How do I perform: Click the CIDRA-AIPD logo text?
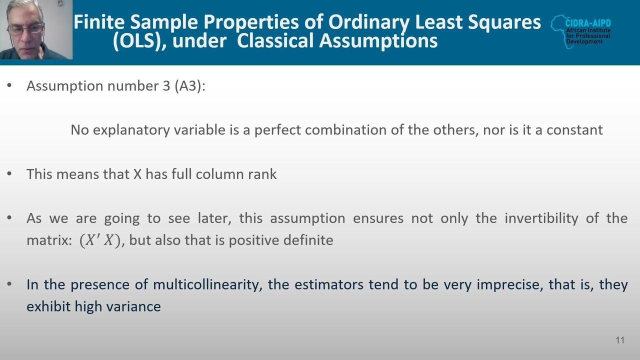pos(587,23)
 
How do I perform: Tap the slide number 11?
pos(620,340)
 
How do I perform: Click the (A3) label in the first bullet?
pos(189,86)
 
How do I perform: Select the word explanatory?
pos(131,130)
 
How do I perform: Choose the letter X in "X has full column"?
pos(137,174)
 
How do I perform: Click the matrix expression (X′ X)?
pos(100,240)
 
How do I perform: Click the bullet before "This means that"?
pos(9,174)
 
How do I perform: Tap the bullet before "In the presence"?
pos(9,284)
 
